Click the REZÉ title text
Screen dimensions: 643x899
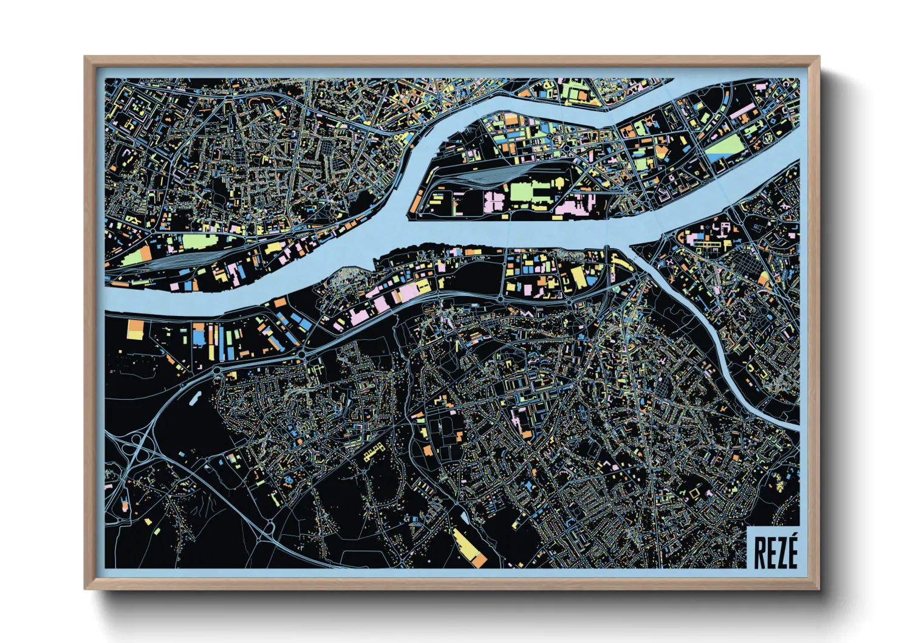pyautogui.click(x=776, y=551)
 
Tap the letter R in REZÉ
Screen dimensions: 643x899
pyautogui.click(x=759, y=552)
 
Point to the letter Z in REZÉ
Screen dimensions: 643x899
pyautogui.click(x=782, y=552)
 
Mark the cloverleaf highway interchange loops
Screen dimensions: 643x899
pyautogui.click(x=134, y=449)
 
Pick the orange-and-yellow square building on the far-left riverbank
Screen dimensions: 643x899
pyautogui.click(x=135, y=329)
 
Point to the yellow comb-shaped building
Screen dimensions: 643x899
pyautogui.click(x=374, y=452)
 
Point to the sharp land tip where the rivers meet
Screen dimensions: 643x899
pyautogui.click(x=633, y=246)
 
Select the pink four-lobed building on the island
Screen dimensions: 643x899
pyautogui.click(x=494, y=201)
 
